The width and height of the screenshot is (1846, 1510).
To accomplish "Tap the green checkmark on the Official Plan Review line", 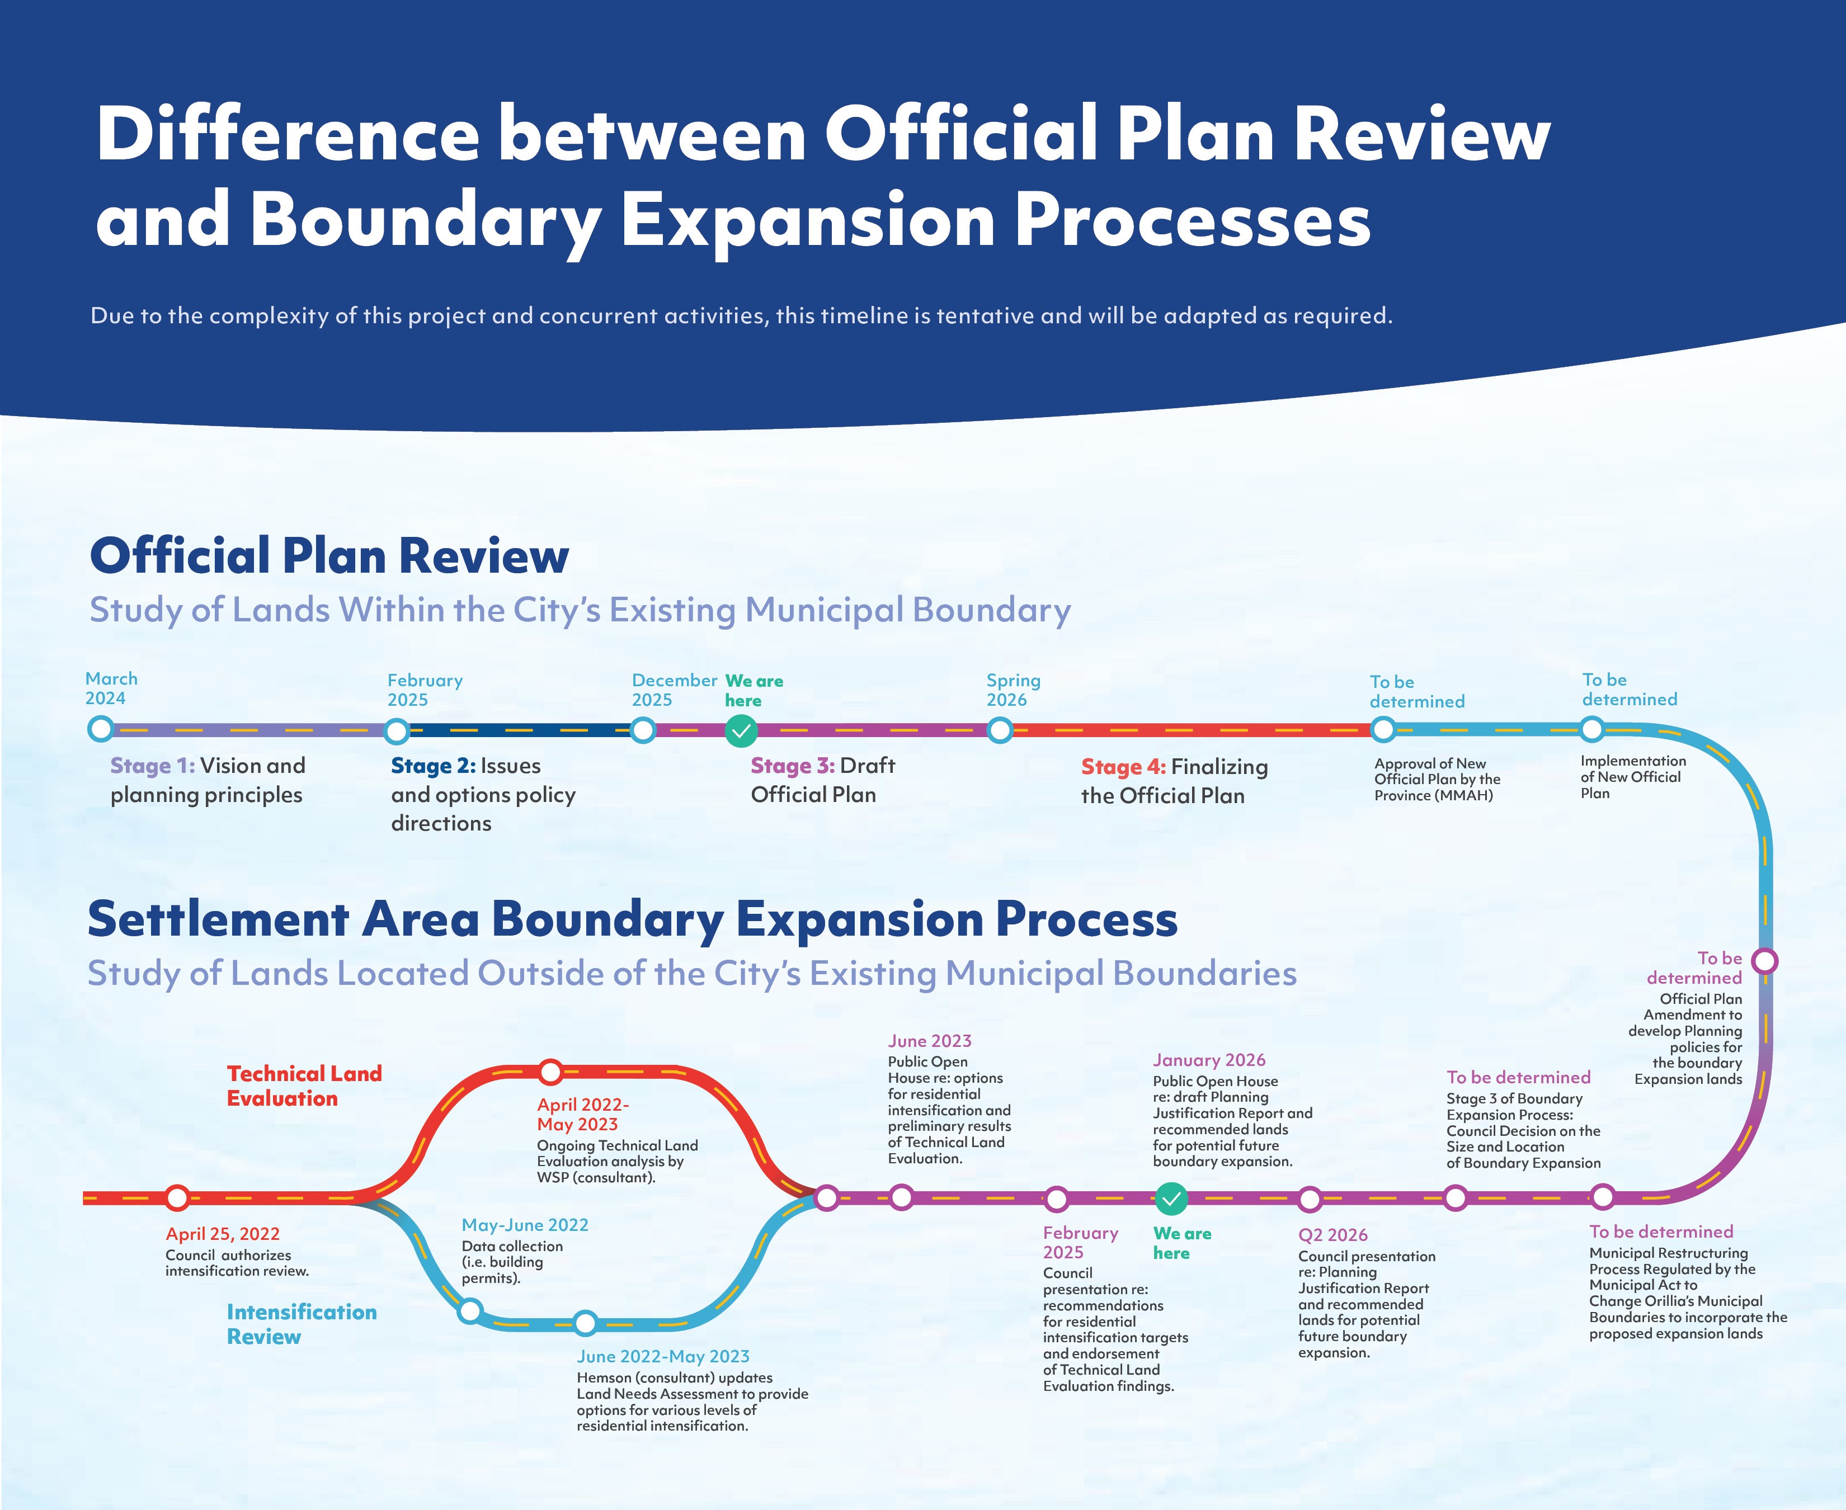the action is (x=741, y=730).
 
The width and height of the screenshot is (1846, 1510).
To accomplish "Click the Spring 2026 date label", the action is (x=1014, y=690).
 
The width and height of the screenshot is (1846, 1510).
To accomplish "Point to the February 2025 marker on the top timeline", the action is (x=396, y=730).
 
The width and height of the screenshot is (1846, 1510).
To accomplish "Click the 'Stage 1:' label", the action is (x=152, y=766).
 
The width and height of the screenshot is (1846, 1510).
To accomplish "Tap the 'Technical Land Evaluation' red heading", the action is (x=304, y=1086).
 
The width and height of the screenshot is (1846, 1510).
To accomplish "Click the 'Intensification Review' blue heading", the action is (x=302, y=1324).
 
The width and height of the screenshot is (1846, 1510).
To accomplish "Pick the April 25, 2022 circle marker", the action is (x=177, y=1198).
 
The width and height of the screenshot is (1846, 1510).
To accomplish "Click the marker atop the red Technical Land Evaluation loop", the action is (x=550, y=1072).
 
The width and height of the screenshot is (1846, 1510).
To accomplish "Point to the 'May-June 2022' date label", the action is (x=525, y=1225).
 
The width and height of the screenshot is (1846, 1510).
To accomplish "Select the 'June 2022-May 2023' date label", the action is (x=663, y=1356).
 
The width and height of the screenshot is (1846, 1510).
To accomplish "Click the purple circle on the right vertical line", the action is (x=1764, y=961).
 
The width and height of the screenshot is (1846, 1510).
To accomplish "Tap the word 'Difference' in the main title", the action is (x=287, y=134).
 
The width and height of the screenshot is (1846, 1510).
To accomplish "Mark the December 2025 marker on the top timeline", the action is (x=642, y=730).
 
